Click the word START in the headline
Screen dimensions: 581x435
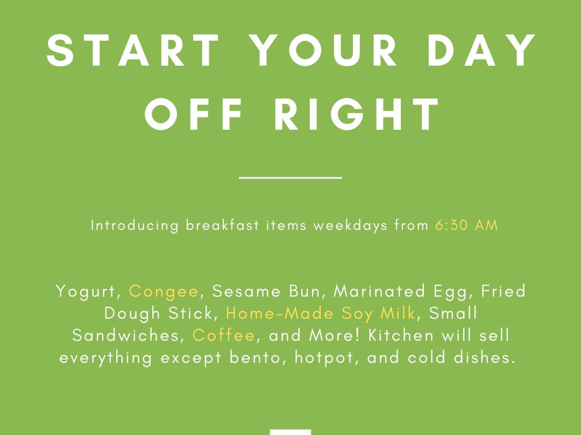click(133, 51)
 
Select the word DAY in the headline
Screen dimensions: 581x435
click(481, 51)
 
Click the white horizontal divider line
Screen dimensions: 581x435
click(290, 178)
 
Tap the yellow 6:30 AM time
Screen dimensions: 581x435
click(466, 225)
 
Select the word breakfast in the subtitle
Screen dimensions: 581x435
click(222, 225)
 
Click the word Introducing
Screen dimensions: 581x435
click(135, 226)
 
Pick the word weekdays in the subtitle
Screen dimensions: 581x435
click(350, 226)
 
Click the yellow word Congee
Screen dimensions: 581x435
click(164, 292)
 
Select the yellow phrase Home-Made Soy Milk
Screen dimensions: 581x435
click(321, 314)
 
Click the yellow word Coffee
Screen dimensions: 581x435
click(223, 335)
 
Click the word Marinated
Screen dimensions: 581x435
click(379, 291)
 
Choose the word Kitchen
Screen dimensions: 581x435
click(401, 335)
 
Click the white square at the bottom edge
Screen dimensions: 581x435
click(290, 432)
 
